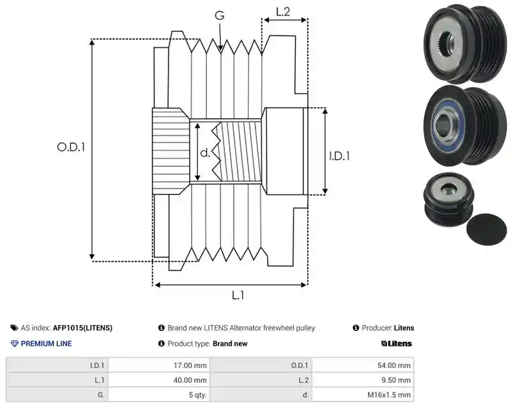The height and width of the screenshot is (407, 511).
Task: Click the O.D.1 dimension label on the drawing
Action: [x=71, y=147]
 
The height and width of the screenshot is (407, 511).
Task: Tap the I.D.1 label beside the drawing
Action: [x=339, y=156]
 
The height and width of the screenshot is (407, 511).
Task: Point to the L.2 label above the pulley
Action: [x=283, y=12]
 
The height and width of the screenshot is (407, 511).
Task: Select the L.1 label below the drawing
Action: [x=238, y=295]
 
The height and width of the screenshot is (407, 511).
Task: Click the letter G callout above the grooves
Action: [x=220, y=15]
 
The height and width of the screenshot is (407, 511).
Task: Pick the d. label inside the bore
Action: [x=205, y=152]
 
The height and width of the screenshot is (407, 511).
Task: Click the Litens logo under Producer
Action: [x=396, y=344]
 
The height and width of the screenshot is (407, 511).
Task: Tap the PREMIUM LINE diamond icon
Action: [x=14, y=344]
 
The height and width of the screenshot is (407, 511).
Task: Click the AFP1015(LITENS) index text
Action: [x=82, y=328]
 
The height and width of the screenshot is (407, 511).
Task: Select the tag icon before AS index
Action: [x=14, y=328]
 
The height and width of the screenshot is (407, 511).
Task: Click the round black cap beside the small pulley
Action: [x=487, y=229]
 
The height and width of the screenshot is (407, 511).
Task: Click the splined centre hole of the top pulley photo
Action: [x=445, y=42]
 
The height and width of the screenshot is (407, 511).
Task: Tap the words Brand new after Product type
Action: [x=230, y=344]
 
